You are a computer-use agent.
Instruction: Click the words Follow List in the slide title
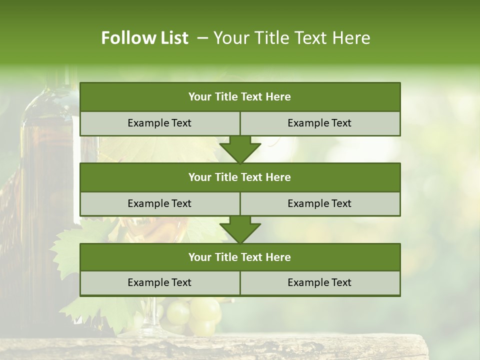pos(144,38)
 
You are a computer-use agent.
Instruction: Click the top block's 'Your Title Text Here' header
pos(239,97)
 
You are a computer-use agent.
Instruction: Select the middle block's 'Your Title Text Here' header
pos(239,177)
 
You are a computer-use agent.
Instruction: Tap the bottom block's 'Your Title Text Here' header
pos(239,257)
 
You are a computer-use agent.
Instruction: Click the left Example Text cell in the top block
pos(159,123)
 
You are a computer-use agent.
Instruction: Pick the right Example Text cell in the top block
pos(319,123)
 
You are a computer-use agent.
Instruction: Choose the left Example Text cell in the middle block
pos(159,203)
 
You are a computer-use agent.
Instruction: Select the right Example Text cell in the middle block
pos(319,203)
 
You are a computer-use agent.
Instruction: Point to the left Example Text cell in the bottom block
pos(159,282)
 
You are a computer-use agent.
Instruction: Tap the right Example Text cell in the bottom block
pos(319,282)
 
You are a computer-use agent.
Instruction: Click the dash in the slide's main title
pos(202,38)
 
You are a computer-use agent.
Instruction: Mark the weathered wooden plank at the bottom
pos(240,347)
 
